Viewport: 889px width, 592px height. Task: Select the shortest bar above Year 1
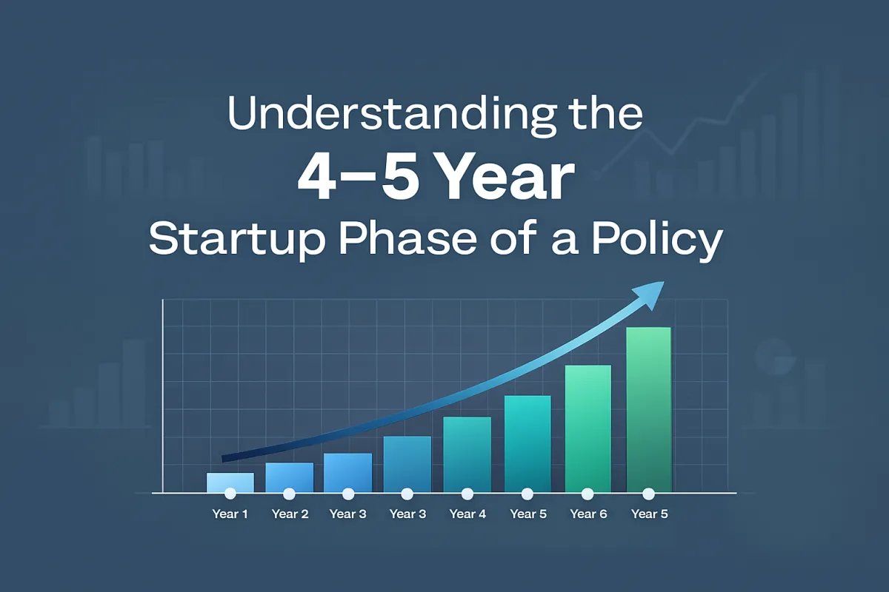(x=230, y=482)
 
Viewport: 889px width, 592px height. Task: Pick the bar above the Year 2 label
(x=289, y=477)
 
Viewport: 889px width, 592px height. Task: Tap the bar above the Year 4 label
(x=467, y=454)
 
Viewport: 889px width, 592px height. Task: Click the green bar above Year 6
(x=588, y=428)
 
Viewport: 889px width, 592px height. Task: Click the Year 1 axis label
(x=230, y=514)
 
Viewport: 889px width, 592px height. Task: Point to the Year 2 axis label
(x=290, y=514)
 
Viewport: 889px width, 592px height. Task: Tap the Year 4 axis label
(x=467, y=514)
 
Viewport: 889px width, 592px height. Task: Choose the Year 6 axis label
(x=588, y=514)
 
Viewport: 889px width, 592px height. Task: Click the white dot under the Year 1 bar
(x=230, y=494)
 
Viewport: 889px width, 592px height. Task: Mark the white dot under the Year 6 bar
(x=587, y=494)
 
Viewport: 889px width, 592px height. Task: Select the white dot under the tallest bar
(x=648, y=494)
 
